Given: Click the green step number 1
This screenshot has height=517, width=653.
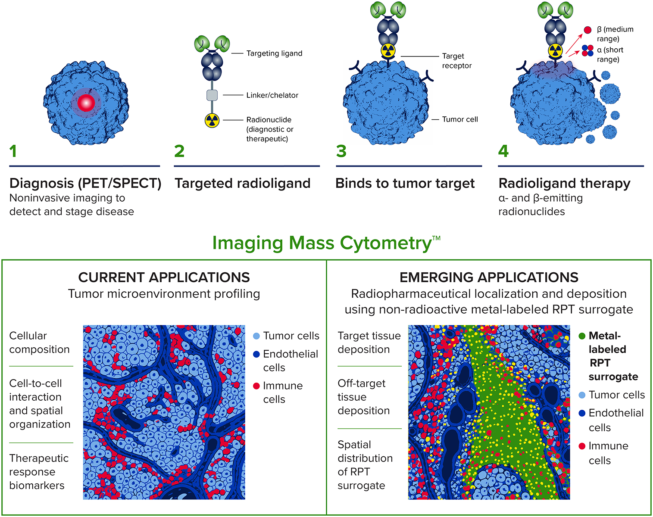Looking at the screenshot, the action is point(13,151).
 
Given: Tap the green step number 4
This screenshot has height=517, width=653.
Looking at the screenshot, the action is point(503,151).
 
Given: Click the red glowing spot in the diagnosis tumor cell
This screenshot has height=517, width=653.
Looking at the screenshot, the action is point(86,103).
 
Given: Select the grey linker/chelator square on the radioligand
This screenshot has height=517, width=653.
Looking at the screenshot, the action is point(212,95).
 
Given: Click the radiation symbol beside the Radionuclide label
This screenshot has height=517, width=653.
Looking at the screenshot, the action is point(212,120).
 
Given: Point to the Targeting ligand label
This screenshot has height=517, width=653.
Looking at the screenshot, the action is point(274,53).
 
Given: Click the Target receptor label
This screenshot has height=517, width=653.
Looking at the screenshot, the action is point(457,61).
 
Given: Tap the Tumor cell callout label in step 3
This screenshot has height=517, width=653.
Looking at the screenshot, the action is point(460,119).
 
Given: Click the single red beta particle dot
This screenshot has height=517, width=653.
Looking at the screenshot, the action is point(588,30).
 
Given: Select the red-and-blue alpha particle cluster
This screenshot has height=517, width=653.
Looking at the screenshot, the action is point(587,51).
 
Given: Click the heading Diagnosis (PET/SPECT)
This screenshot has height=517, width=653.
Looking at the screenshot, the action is point(85,183).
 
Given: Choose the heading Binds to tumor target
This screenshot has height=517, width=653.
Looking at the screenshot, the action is point(405,183).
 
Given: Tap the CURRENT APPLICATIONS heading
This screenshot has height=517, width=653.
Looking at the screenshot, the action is point(164,277).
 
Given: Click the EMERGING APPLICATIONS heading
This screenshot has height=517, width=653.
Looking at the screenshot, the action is point(489,277).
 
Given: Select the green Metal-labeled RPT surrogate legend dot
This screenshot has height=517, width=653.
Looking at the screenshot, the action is point(582,336).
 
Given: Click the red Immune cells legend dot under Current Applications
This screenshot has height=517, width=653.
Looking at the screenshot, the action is point(256,386).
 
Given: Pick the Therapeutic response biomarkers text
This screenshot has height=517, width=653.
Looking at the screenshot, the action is point(39,472).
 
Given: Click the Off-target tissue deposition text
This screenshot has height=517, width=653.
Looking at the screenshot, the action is point(363,397).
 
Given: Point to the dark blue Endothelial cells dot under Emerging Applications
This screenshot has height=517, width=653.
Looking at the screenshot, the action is point(582,413).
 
